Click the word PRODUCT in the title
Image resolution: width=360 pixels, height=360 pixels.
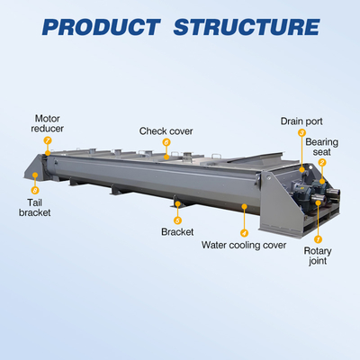101,27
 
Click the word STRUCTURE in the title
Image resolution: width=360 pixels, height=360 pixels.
247,27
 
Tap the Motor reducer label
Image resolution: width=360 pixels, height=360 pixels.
48,123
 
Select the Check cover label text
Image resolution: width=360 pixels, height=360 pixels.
166,131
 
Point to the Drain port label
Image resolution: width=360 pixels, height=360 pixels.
301,121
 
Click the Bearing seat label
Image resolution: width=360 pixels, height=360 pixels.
321,147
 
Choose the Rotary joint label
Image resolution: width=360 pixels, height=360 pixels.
318,256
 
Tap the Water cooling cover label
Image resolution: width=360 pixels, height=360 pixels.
244,245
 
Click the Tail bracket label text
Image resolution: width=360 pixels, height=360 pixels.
35,208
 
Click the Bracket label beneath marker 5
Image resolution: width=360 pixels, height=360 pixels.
177,232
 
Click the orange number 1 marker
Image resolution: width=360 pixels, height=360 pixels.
318,239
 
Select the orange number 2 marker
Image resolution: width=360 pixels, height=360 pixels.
322,163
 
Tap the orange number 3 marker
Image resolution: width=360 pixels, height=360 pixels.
301,133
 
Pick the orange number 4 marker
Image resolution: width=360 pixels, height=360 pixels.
244,233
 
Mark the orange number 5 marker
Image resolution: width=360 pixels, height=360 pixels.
177,220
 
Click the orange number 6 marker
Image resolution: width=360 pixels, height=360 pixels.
166,142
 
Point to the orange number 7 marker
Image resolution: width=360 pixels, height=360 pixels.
48,140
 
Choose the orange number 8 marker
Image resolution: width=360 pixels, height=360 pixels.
35,190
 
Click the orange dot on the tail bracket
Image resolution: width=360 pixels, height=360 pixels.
35,175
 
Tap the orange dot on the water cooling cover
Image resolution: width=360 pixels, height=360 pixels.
244,206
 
